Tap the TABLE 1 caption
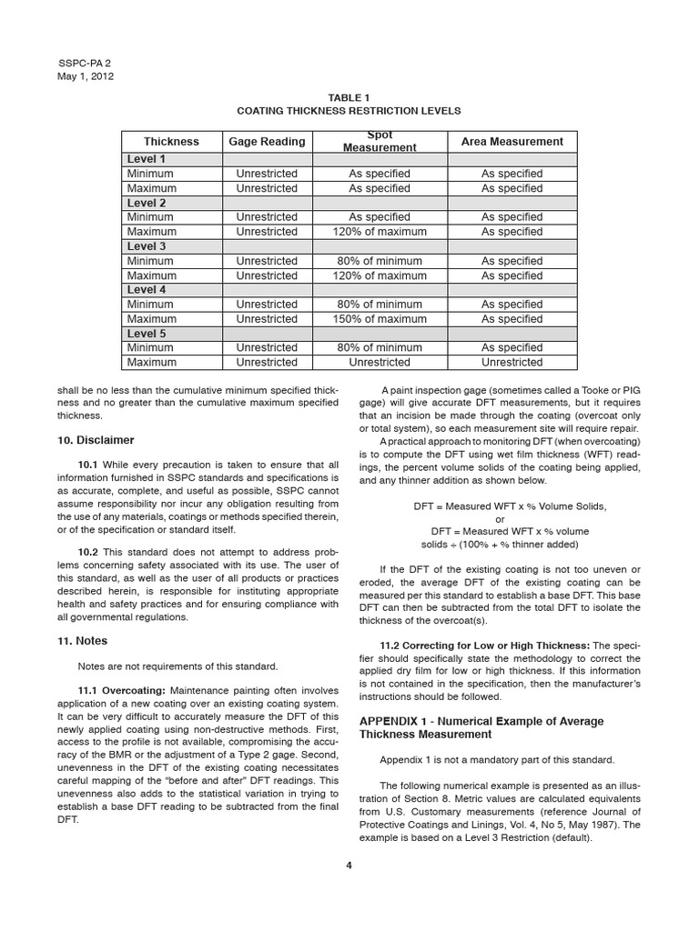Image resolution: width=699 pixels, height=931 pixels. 349,96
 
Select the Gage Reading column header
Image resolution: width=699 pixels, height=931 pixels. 267,141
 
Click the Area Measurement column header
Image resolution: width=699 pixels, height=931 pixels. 512,141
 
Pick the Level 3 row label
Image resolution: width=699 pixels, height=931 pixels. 147,246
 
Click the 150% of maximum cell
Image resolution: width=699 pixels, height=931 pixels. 380,319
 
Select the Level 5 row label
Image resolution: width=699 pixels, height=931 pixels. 147,334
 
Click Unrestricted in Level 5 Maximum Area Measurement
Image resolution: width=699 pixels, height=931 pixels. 512,362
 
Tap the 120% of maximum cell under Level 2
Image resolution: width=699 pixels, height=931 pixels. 380,232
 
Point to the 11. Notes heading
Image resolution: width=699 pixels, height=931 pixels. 82,641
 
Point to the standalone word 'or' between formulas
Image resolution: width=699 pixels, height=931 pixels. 499,519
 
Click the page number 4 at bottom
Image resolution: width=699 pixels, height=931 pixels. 349,865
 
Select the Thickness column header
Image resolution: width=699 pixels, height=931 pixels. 171,141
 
